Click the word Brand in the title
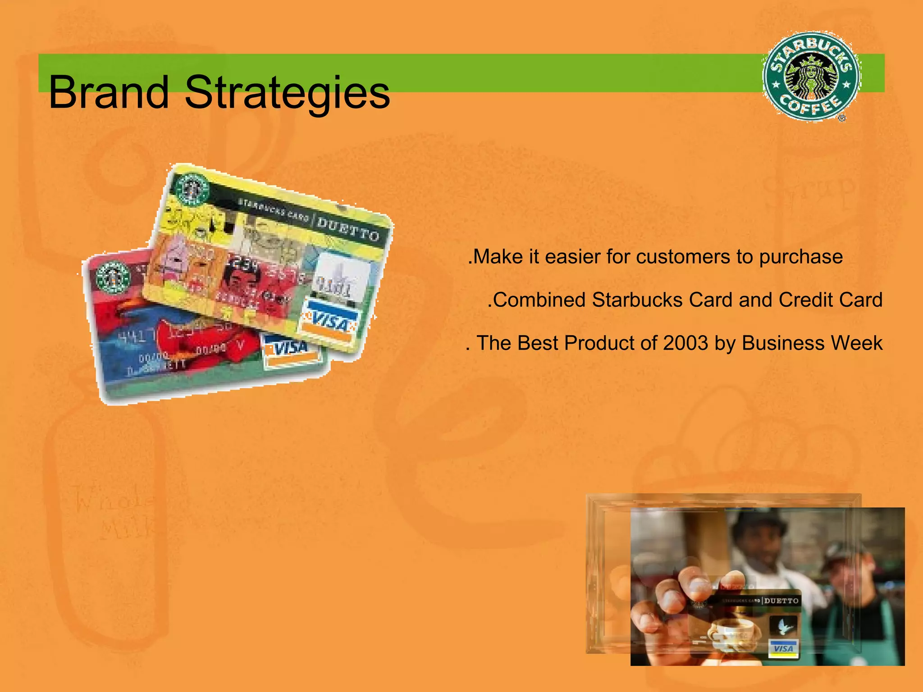pyautogui.click(x=108, y=92)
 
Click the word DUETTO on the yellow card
pyautogui.click(x=347, y=229)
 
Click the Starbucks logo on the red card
pyautogui.click(x=113, y=276)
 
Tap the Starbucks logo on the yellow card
pyautogui.click(x=192, y=190)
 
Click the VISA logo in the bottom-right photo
pyautogui.click(x=784, y=648)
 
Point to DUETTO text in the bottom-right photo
pyautogui.click(x=781, y=601)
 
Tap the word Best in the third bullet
pyautogui.click(x=539, y=343)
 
